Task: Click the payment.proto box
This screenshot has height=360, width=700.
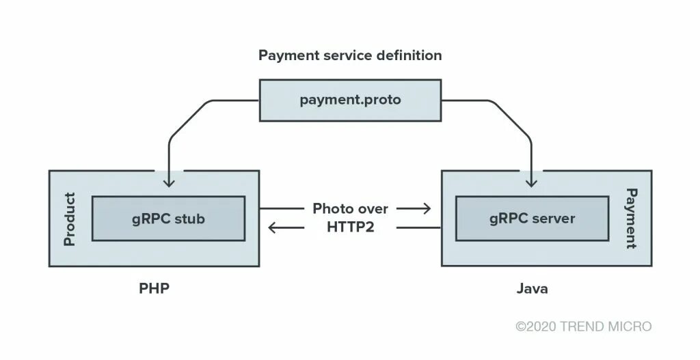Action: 350,100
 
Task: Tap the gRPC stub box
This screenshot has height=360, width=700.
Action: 168,219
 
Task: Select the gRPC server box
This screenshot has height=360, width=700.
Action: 532,219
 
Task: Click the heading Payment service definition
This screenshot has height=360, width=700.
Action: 350,55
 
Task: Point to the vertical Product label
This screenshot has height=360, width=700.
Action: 69,219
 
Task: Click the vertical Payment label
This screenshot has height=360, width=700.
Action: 631,219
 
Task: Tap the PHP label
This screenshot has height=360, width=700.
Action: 154,288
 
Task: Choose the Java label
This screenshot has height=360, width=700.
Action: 532,288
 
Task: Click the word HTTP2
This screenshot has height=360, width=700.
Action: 350,227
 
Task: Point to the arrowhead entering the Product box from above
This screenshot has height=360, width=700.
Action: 169,182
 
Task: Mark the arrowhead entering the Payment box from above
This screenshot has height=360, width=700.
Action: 531,182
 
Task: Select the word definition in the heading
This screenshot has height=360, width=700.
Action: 409,55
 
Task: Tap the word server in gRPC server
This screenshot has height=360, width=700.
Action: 553,219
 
